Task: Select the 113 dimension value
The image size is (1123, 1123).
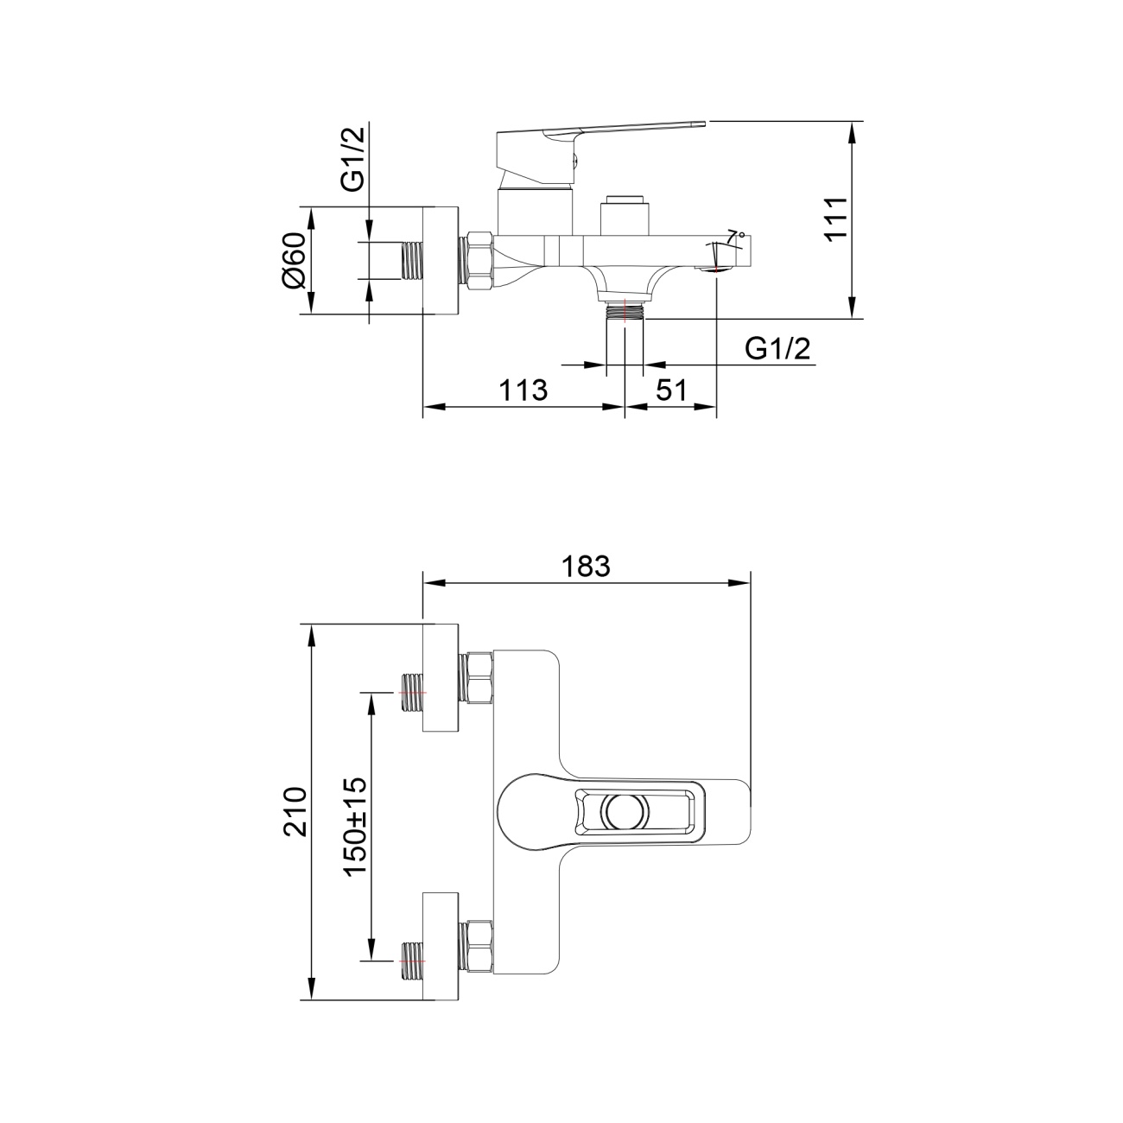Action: point(523,390)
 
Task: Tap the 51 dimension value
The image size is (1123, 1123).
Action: point(671,390)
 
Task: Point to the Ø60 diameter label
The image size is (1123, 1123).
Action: point(295,259)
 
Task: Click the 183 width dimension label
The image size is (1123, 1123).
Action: point(586,565)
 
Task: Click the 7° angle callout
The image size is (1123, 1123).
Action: point(735,236)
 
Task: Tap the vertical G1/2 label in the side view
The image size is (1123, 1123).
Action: point(353,158)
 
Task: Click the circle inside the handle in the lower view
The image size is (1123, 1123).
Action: point(627,810)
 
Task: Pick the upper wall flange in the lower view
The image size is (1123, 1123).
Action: point(441,678)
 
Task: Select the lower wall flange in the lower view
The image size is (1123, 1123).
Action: point(441,946)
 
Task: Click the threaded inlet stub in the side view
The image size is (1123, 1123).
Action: point(412,261)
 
